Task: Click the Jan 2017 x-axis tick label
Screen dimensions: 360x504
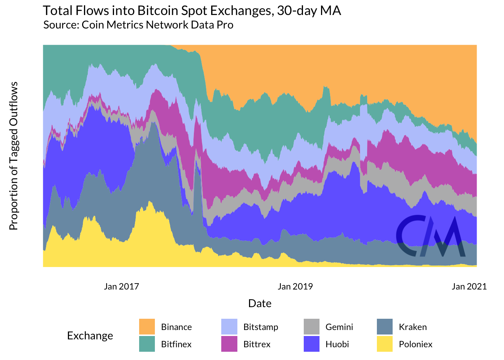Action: pyautogui.click(x=121, y=286)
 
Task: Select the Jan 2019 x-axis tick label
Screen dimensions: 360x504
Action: pyautogui.click(x=295, y=286)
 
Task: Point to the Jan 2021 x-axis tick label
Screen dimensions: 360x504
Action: pyautogui.click(x=469, y=286)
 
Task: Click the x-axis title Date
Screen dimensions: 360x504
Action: pyautogui.click(x=259, y=303)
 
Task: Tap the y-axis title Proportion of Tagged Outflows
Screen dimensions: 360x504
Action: pyautogui.click(x=13, y=156)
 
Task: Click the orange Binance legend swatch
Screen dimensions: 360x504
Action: pyautogui.click(x=147, y=327)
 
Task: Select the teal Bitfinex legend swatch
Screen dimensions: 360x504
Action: pyautogui.click(x=147, y=344)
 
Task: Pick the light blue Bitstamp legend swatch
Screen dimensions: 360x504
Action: pyautogui.click(x=229, y=327)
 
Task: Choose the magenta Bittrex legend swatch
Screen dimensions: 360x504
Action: pyautogui.click(x=229, y=344)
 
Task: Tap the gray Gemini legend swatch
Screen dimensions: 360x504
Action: pyautogui.click(x=311, y=327)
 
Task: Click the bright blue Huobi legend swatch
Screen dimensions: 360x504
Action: pyautogui.click(x=311, y=344)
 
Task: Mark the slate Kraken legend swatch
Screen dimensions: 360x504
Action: pyautogui.click(x=384, y=327)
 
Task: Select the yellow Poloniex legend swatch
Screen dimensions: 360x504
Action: pyautogui.click(x=384, y=344)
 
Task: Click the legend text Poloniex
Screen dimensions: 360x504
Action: pyautogui.click(x=415, y=344)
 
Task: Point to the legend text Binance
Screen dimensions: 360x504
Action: pyautogui.click(x=176, y=327)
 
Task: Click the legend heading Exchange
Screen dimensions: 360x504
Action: pyautogui.click(x=90, y=336)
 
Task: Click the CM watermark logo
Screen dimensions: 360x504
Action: pyautogui.click(x=430, y=236)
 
